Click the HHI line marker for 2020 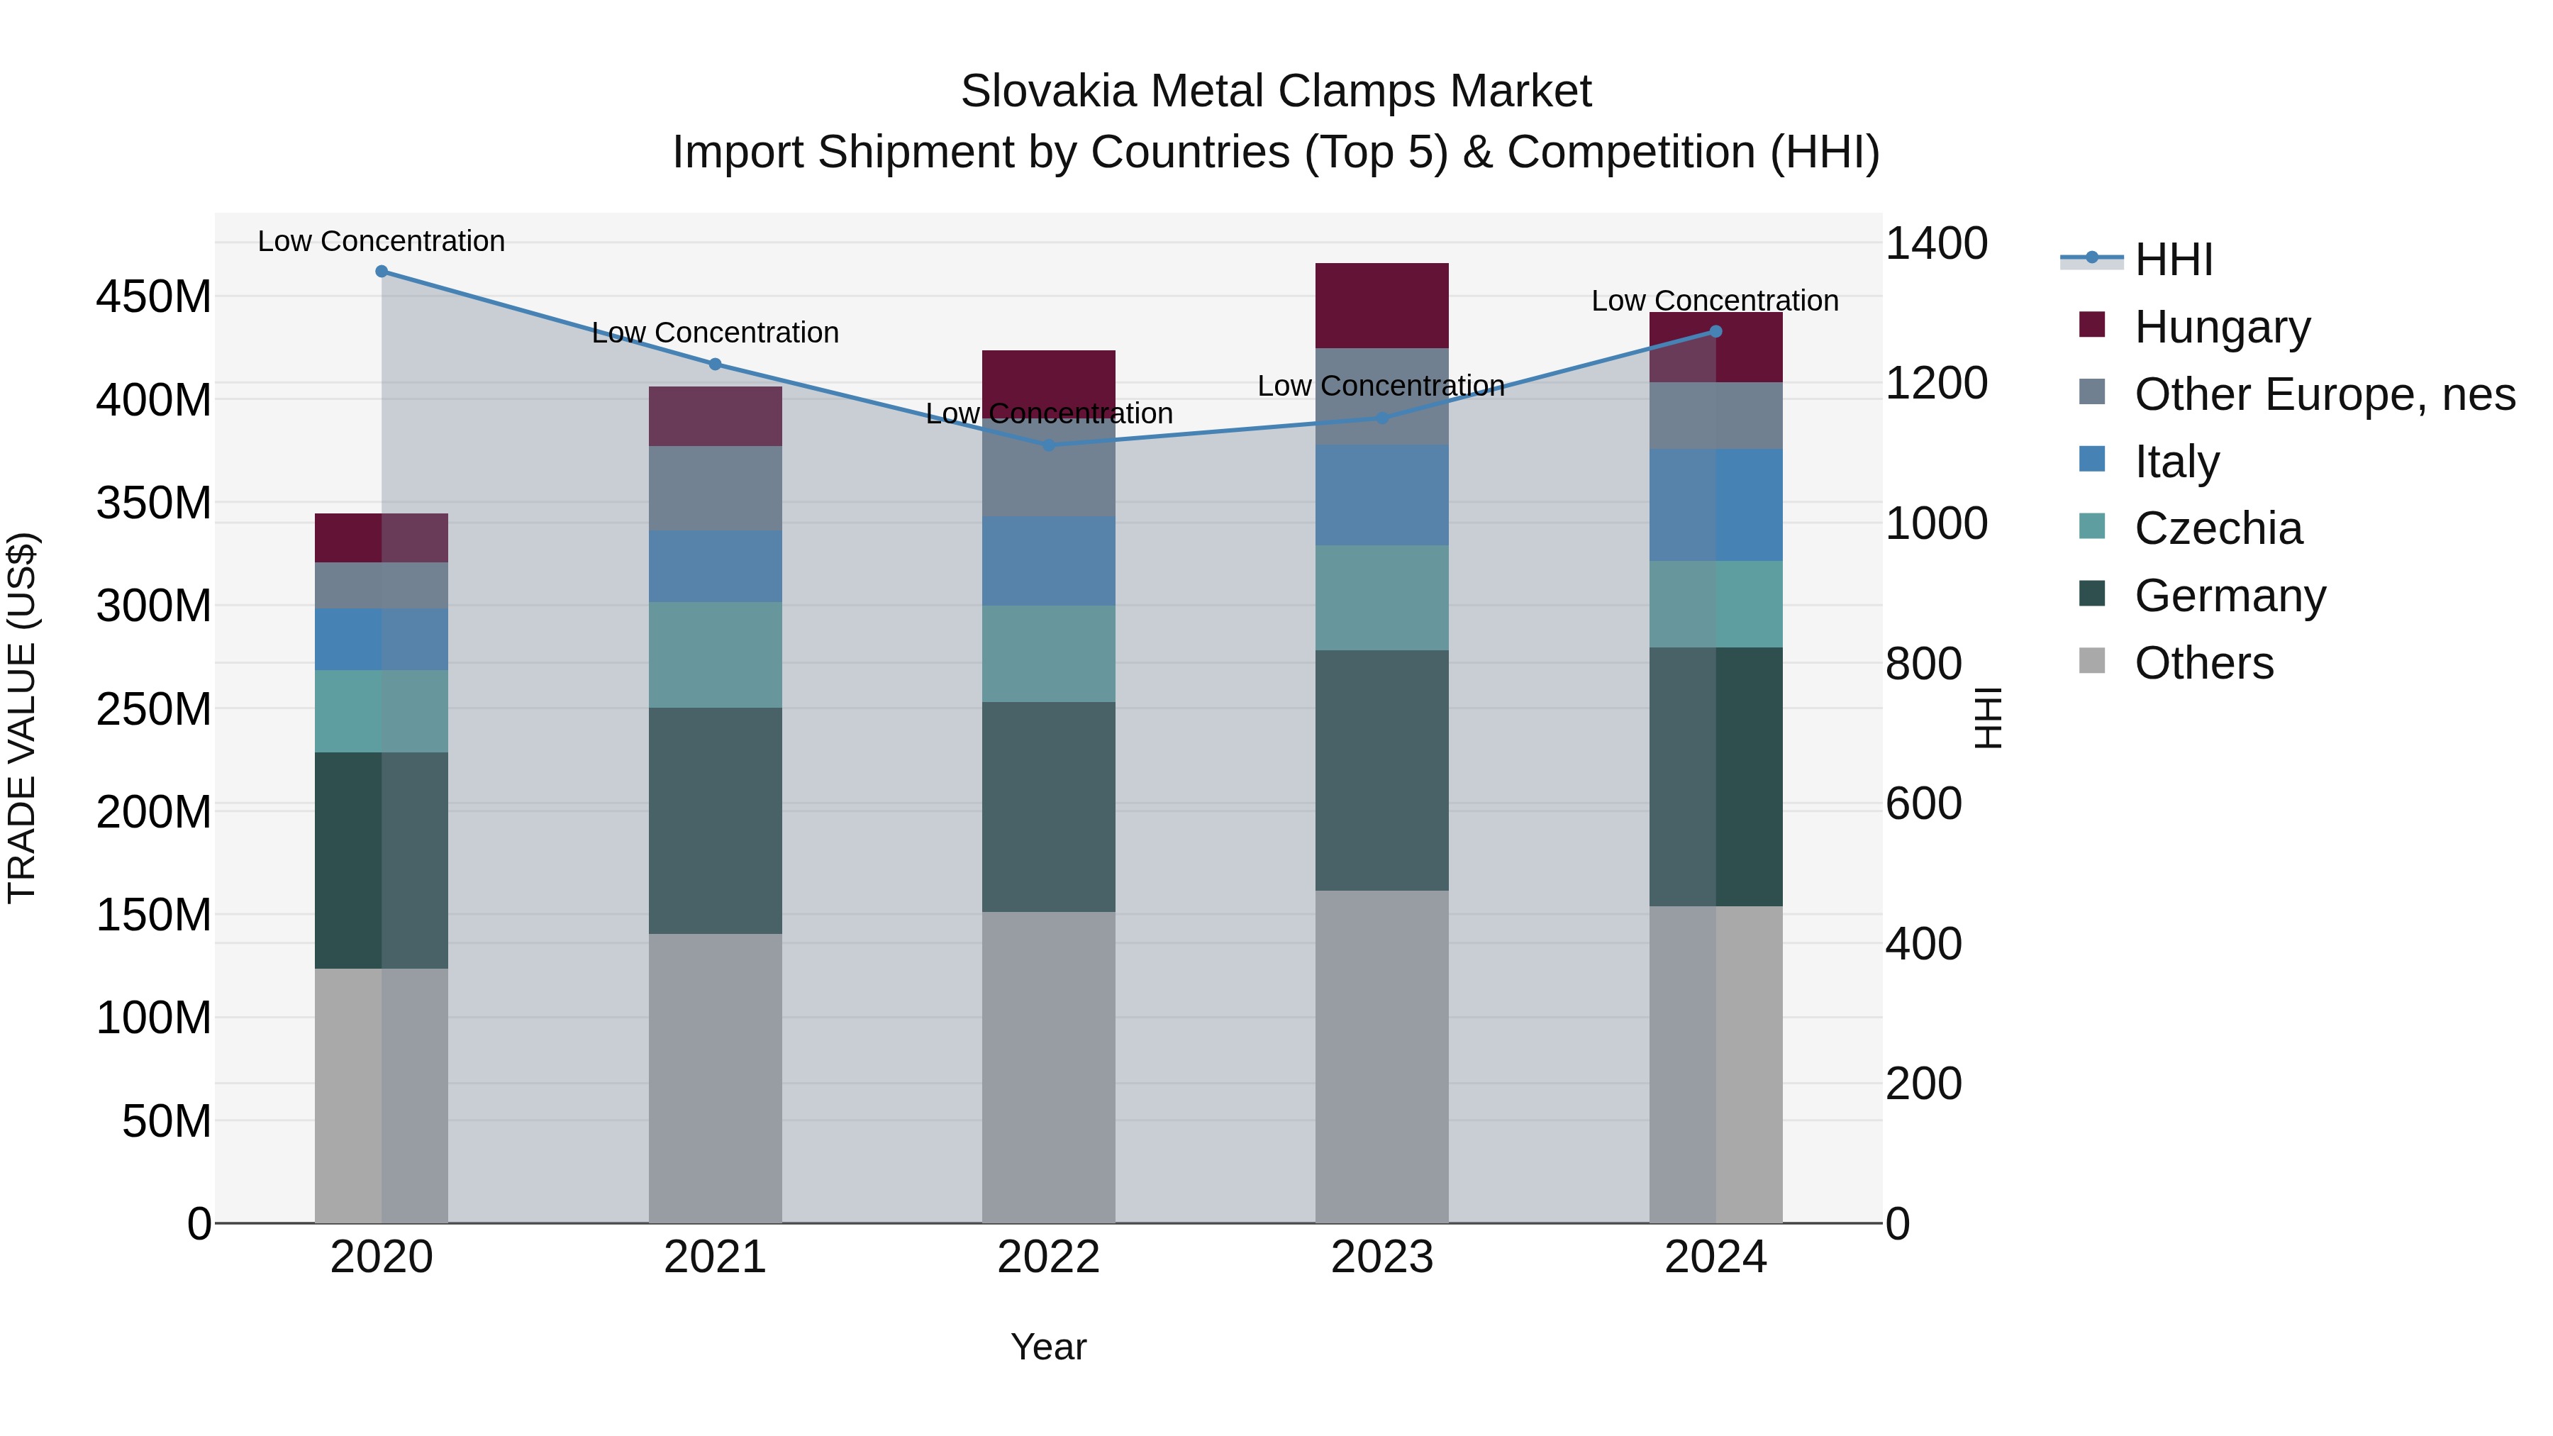[382, 272]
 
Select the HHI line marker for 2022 [1049, 445]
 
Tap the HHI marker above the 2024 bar [1715, 332]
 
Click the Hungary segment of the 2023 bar [1381, 305]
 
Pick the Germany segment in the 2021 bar [715, 820]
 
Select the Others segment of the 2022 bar [1049, 1067]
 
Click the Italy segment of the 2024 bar [1715, 504]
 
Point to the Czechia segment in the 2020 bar [382, 711]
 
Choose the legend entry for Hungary [2222, 327]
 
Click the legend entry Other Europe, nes [2324, 394]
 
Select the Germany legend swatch [2092, 595]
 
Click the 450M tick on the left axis [154, 297]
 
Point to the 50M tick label [167, 1122]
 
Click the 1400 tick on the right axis [1935, 244]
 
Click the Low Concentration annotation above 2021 [715, 333]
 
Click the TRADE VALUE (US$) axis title [22, 718]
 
